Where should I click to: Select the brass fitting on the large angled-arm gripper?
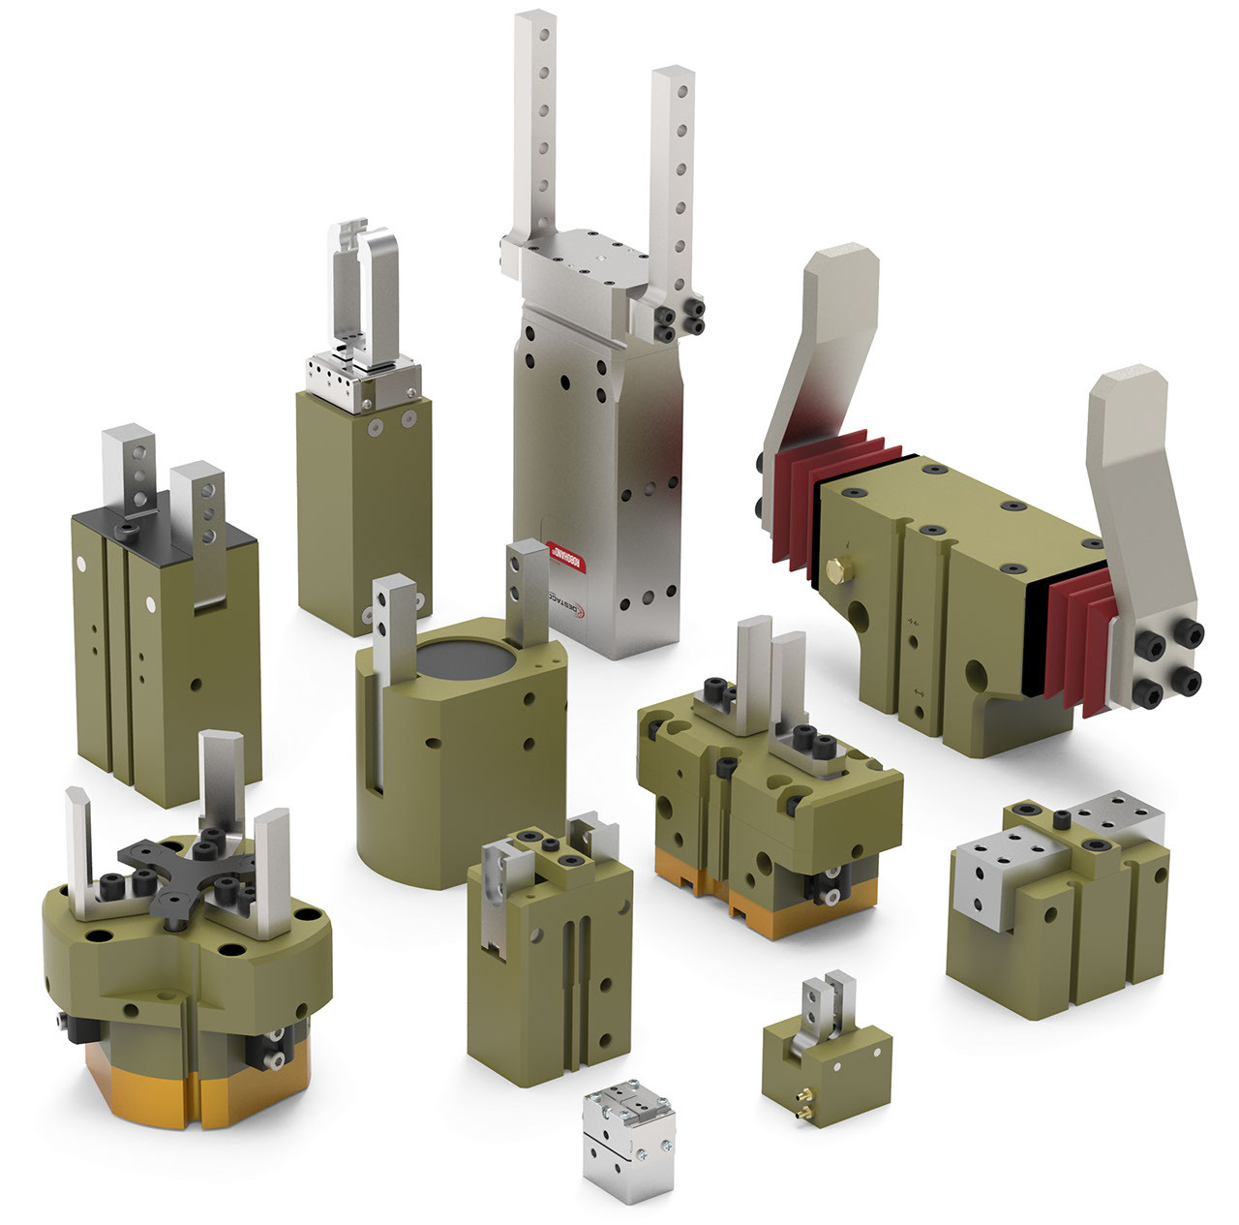click(838, 568)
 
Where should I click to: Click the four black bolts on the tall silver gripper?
click(679, 319)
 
